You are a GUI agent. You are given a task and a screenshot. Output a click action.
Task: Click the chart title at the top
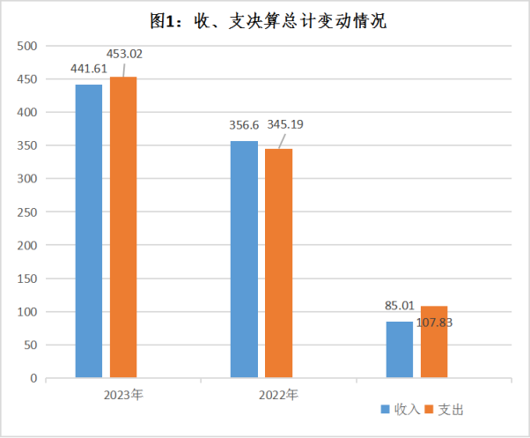(x=264, y=20)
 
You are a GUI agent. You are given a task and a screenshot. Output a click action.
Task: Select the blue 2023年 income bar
(x=89, y=231)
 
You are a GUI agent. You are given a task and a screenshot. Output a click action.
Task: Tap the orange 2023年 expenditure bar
(x=123, y=227)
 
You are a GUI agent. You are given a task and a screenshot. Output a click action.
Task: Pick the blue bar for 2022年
(x=244, y=259)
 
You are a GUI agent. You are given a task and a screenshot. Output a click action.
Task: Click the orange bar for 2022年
(x=278, y=264)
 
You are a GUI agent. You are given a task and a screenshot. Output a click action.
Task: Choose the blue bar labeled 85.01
(x=399, y=350)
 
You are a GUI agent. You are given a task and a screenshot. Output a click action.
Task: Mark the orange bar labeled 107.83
(x=434, y=342)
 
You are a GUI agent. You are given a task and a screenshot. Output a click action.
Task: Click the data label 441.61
(x=89, y=68)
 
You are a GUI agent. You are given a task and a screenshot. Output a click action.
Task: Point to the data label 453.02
(x=124, y=53)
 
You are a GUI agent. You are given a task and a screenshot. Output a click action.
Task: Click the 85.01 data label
(x=401, y=308)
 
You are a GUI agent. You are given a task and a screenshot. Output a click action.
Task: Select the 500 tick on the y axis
(x=27, y=47)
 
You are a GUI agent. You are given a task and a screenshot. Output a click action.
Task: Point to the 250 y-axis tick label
(x=27, y=212)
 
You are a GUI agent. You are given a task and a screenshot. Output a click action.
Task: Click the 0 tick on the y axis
(x=33, y=379)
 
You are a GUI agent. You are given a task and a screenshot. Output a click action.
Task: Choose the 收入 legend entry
(x=401, y=410)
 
